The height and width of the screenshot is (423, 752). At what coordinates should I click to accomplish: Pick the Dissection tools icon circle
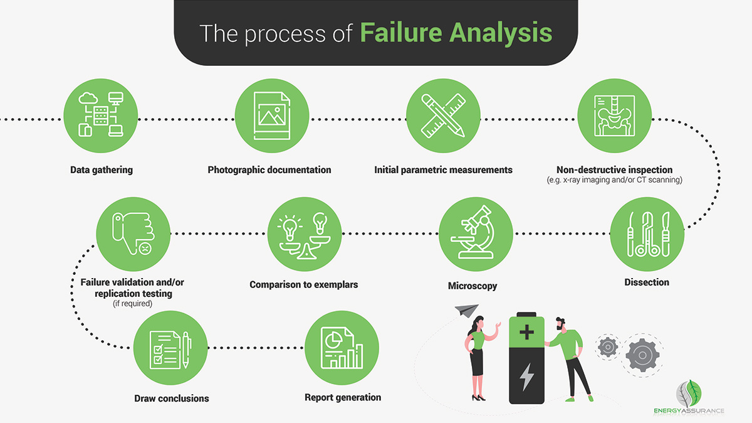[x=647, y=233]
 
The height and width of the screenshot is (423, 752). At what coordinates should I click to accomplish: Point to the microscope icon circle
[x=476, y=233]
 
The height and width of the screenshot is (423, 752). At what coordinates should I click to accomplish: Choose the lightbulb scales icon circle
[x=305, y=233]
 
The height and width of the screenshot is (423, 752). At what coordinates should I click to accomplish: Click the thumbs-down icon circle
[x=133, y=233]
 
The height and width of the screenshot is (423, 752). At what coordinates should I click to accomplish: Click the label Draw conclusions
[x=172, y=399]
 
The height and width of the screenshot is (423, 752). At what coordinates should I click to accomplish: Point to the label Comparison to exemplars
[x=304, y=284]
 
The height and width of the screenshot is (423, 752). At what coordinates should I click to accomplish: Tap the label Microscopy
[x=473, y=286]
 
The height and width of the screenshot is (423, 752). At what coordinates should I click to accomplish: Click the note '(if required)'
[x=132, y=304]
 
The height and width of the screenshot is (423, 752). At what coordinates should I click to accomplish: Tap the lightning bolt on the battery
[x=526, y=377]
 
